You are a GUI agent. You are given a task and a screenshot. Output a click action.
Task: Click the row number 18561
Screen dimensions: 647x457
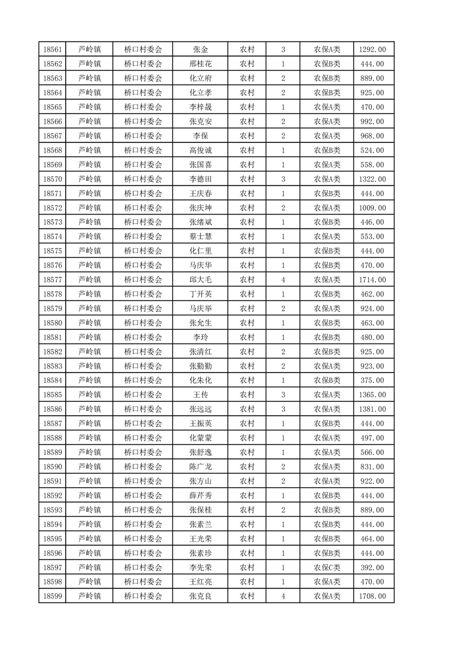52,50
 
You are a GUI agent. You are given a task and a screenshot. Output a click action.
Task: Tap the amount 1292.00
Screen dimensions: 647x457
372,50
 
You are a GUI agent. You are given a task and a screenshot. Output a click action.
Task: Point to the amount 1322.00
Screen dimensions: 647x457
372,179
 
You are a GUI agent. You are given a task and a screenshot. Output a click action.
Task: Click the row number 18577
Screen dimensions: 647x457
52,280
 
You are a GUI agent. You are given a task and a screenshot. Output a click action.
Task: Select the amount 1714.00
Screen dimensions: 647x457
372,280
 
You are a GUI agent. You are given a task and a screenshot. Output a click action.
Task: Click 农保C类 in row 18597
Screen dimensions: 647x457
327,567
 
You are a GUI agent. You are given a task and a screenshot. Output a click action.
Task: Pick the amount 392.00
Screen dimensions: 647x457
372,567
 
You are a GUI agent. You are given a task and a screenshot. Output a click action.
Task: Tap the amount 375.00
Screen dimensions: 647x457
372,381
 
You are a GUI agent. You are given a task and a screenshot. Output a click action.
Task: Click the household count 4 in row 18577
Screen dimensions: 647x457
283,280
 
